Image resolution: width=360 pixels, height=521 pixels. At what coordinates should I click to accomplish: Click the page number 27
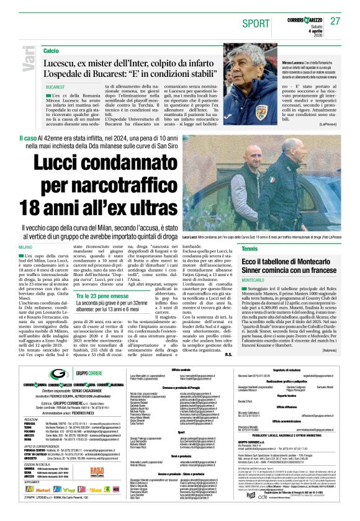336,22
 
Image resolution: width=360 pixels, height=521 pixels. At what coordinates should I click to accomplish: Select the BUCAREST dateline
55,88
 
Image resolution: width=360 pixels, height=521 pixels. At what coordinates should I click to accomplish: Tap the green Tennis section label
249,249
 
